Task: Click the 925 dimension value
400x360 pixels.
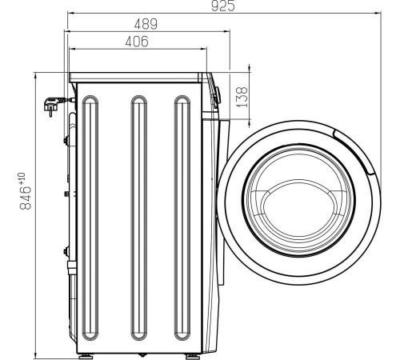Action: pyautogui.click(x=223, y=6)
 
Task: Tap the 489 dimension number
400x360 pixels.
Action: pyautogui.click(x=146, y=24)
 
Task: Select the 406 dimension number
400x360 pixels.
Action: pyautogui.click(x=137, y=42)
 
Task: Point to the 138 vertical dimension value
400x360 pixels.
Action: pyautogui.click(x=242, y=97)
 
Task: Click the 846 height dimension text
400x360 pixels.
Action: pyautogui.click(x=26, y=198)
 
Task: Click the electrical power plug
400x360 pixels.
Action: pyautogui.click(x=54, y=105)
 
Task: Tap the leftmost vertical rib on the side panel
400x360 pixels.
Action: pyautogui.click(x=90, y=218)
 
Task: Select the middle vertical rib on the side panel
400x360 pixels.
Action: pyautogui.click(x=139, y=218)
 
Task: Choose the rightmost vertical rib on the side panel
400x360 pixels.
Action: pyautogui.click(x=182, y=218)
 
